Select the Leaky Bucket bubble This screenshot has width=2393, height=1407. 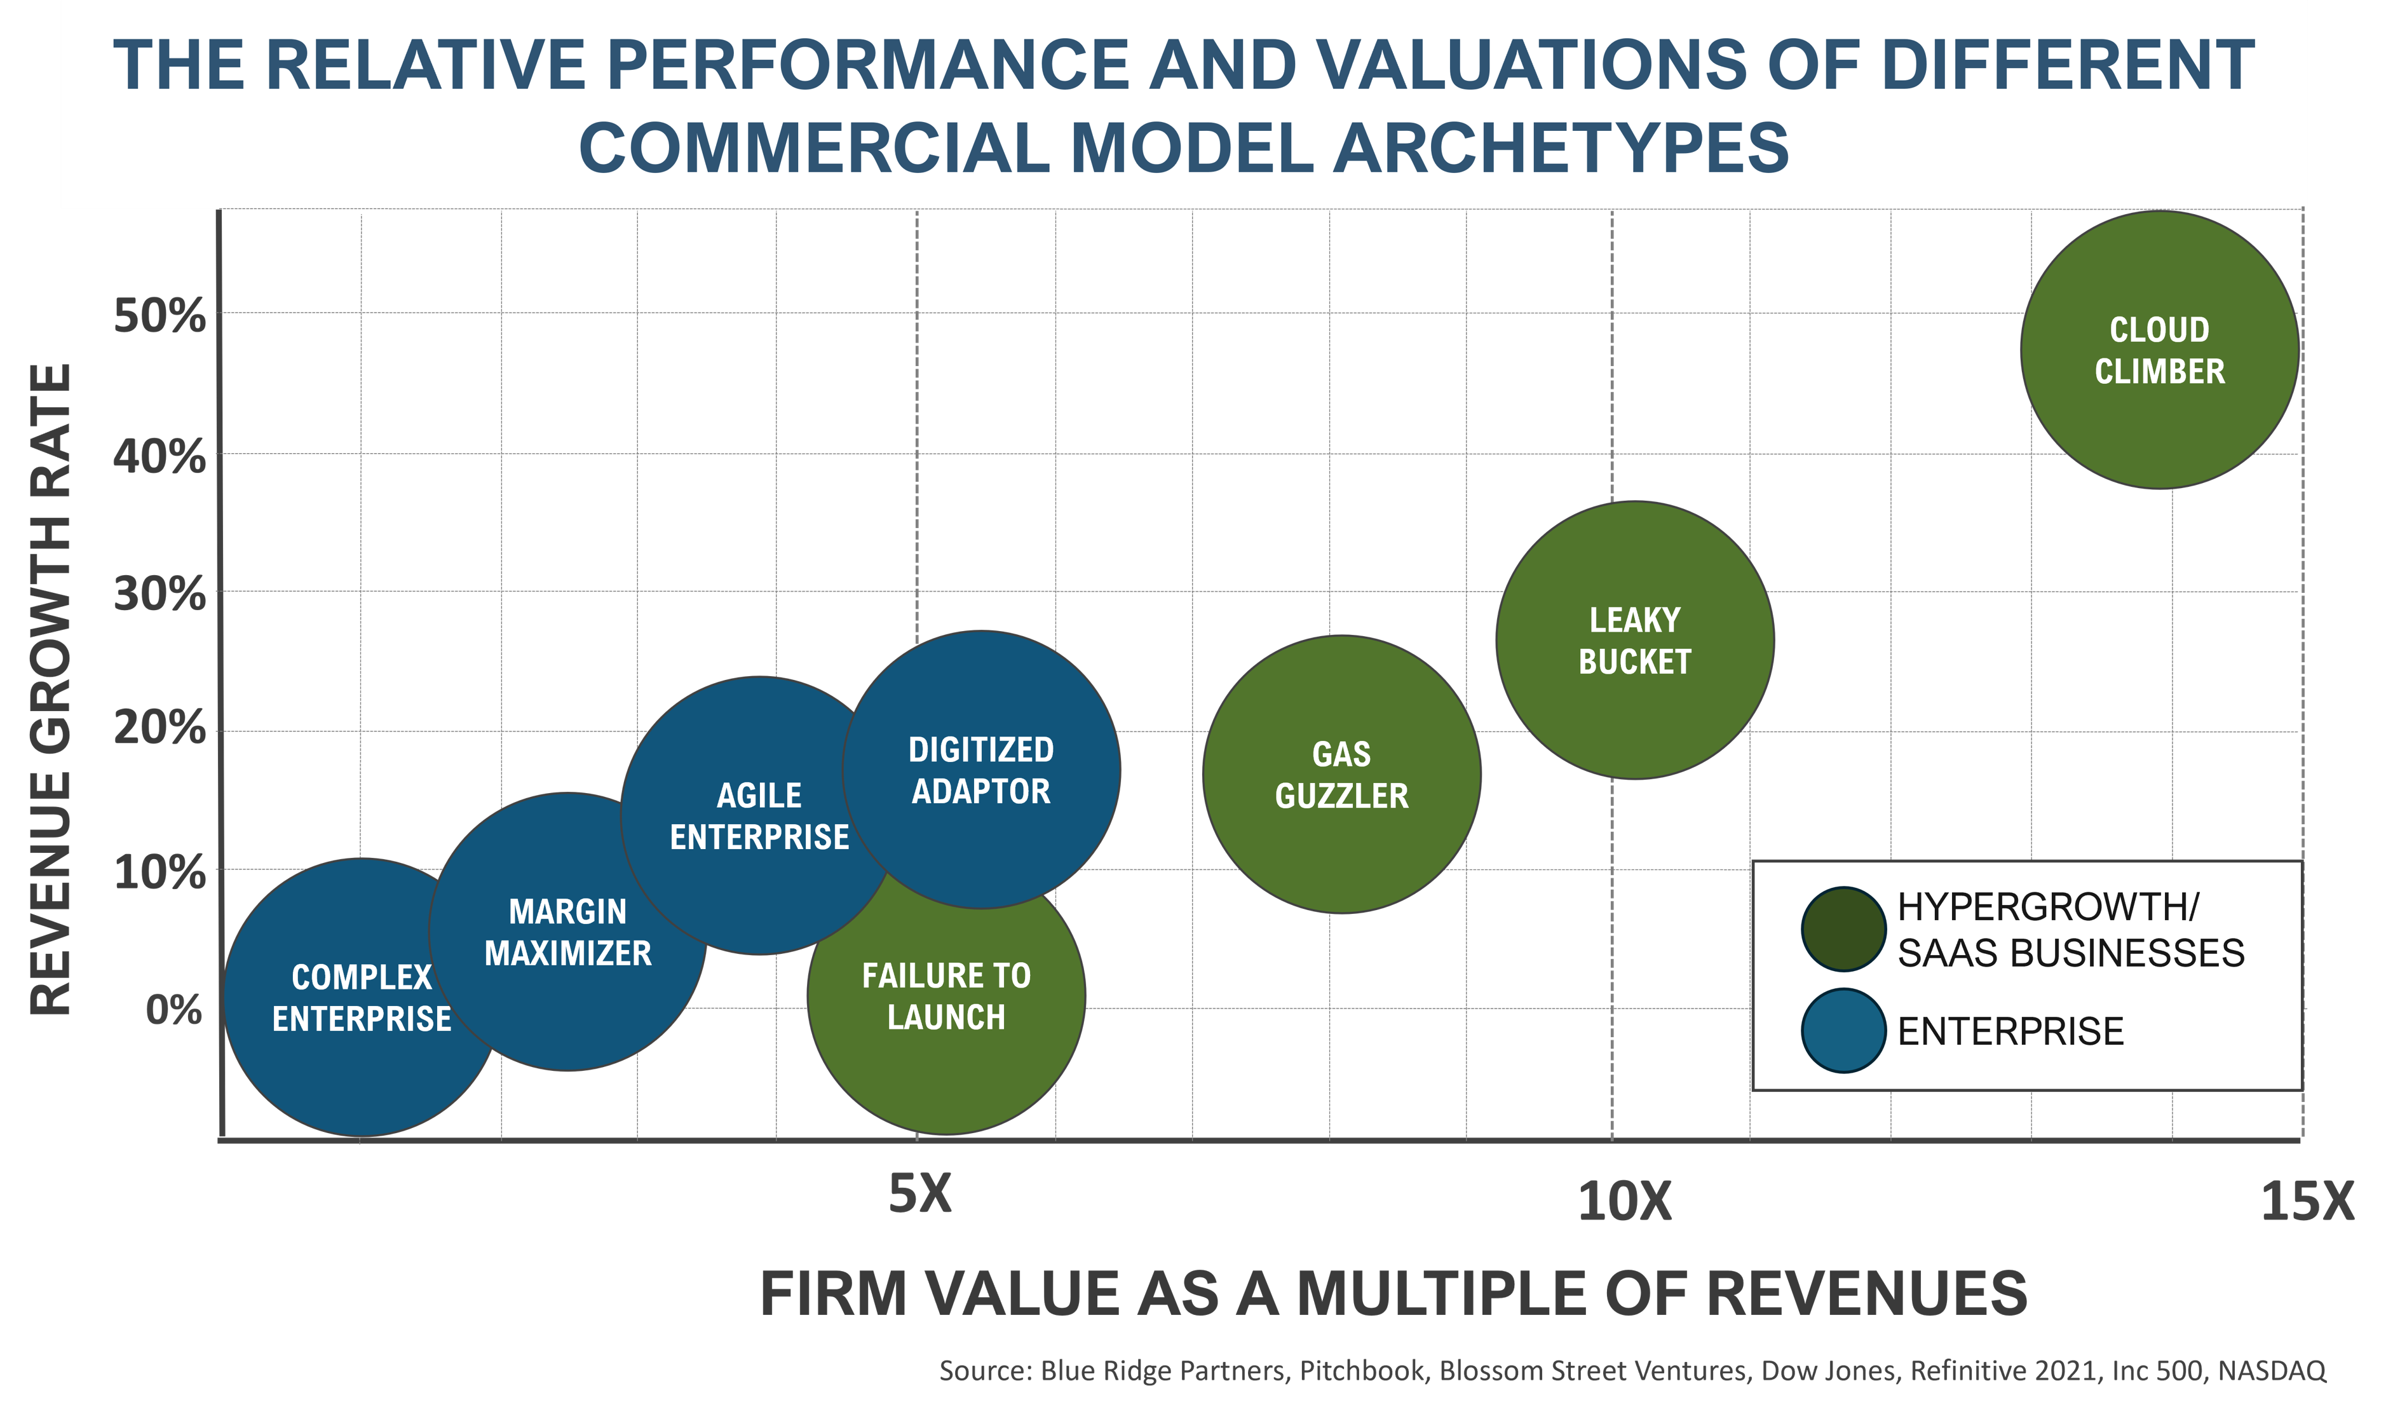coord(1634,641)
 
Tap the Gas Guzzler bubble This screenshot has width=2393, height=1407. coord(1341,774)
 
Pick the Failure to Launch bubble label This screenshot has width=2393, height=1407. coord(946,996)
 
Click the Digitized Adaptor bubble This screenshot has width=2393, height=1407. coord(981,770)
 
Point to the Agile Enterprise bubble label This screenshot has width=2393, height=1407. coord(759,815)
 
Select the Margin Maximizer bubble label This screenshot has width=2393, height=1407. coord(568,932)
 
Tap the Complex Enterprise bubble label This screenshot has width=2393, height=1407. coord(362,998)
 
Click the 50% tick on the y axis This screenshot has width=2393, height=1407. coord(159,315)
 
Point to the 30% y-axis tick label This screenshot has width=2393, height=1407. coord(159,595)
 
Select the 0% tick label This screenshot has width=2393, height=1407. coord(173,1009)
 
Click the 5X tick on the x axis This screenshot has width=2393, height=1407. coord(919,1193)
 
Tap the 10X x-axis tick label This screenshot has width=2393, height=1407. coord(1624,1201)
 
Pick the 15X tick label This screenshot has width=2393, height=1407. coord(2308,1201)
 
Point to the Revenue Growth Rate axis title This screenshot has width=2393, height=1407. coord(51,689)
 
